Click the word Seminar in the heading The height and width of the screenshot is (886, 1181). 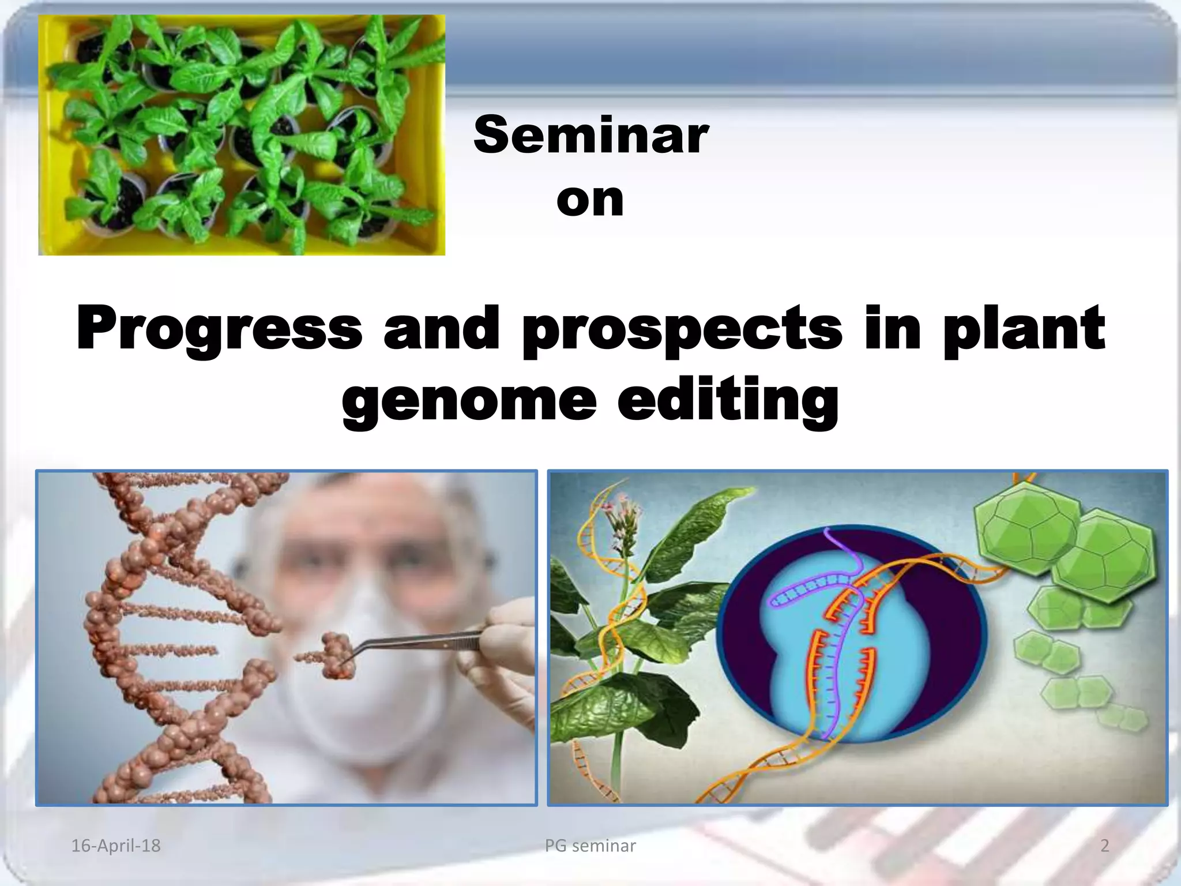(x=590, y=136)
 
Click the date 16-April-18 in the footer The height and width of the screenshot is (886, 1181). (x=115, y=846)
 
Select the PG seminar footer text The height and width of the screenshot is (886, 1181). (x=590, y=846)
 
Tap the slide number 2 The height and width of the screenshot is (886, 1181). (x=1104, y=846)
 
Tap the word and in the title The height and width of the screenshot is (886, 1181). (x=441, y=329)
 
